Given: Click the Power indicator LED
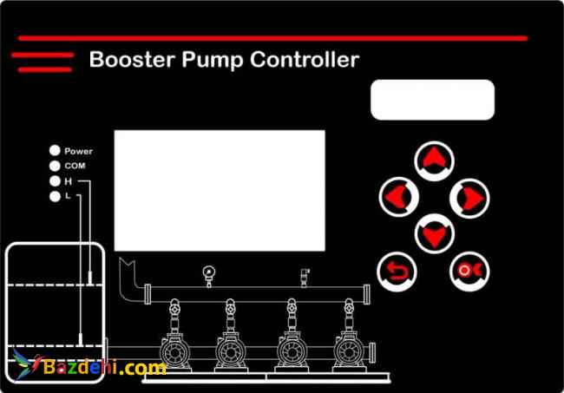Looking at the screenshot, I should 56,151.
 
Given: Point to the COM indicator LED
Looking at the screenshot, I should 56,166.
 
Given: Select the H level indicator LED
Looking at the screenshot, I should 56,181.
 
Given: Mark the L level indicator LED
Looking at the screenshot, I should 56,197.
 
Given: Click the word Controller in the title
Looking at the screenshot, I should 304,60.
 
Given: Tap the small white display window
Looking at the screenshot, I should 432,100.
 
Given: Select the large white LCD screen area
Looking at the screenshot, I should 220,190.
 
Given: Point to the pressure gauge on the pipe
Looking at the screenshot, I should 208,271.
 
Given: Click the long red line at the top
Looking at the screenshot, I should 272,38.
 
